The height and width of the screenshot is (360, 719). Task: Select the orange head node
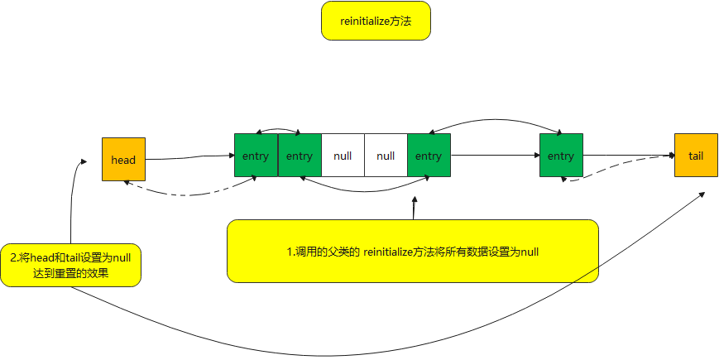[x=123, y=160]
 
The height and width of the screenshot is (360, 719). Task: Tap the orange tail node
[x=695, y=155]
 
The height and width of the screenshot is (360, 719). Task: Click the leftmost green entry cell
[x=256, y=156]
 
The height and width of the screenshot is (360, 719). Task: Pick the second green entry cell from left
[x=300, y=156]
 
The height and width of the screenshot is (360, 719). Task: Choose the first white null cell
[x=343, y=156]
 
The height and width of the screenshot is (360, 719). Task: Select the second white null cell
[x=386, y=156]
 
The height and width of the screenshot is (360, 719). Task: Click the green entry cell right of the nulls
[x=429, y=156]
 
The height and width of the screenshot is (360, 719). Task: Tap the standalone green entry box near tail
[x=561, y=156]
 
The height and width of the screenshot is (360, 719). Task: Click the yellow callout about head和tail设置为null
[x=70, y=264]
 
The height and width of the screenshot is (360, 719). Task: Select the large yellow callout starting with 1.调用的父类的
[x=412, y=252]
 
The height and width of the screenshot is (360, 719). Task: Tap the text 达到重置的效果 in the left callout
[x=71, y=272]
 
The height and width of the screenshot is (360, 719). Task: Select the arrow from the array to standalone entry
[x=495, y=155]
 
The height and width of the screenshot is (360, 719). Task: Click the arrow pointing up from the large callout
[x=414, y=207]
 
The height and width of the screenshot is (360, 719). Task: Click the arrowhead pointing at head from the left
[x=84, y=161]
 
